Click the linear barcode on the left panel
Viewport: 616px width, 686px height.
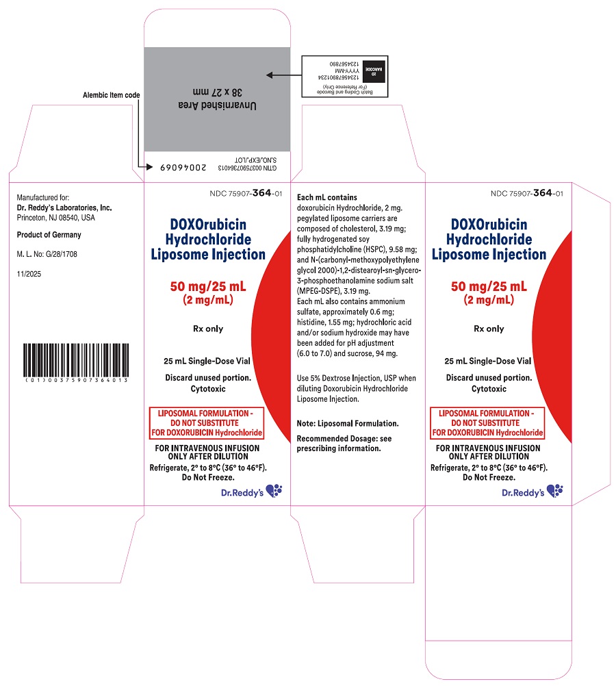76,360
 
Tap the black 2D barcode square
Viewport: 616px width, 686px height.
374,71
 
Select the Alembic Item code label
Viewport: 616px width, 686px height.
111,95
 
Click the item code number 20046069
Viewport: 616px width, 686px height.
183,168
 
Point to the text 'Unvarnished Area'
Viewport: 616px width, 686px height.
217,105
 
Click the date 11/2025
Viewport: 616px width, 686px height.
29,274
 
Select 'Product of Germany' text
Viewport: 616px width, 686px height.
49,235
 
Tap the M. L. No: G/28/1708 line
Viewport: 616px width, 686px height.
47,254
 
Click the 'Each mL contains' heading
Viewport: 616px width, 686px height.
326,197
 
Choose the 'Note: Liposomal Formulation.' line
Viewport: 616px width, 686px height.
348,424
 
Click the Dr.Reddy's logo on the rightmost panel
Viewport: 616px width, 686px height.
532,492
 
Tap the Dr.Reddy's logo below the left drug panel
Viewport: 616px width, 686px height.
252,492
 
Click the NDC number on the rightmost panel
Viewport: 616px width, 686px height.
527,193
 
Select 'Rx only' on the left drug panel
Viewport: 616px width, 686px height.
208,329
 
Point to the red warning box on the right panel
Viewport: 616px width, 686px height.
487,423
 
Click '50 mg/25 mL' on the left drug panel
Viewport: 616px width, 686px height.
208,287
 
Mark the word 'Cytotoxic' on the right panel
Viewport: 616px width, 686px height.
489,388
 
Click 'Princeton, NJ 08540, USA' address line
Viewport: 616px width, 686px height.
56,218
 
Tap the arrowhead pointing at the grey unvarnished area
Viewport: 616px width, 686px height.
270,75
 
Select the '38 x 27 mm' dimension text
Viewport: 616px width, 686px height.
218,92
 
